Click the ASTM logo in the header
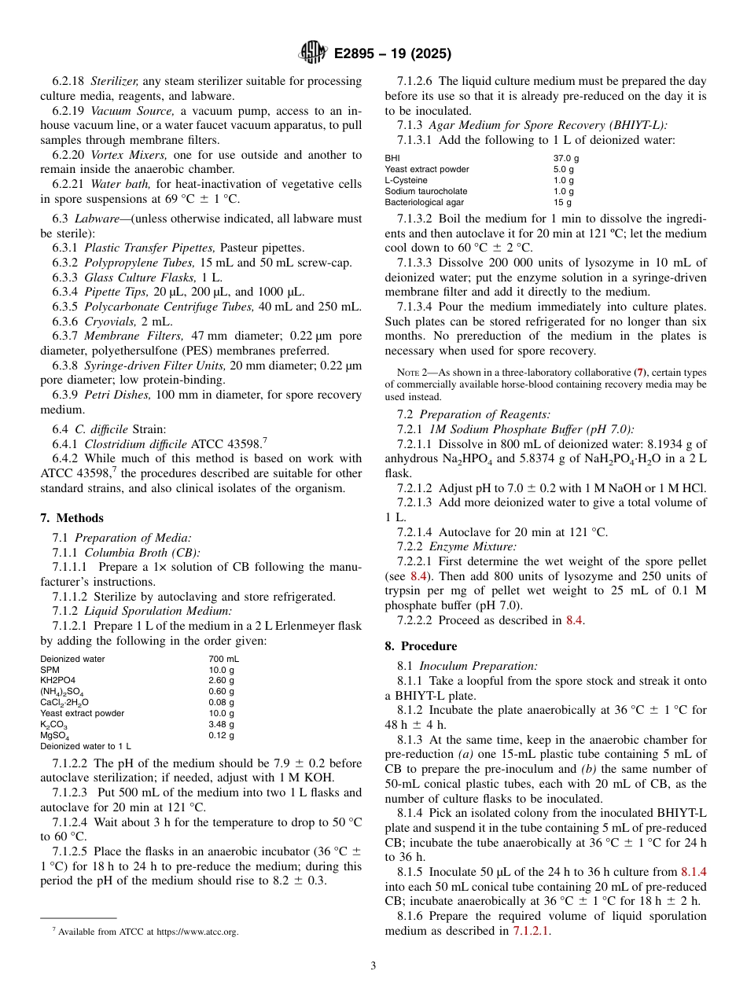[x=313, y=53]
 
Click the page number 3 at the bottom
[x=373, y=966]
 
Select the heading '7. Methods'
[x=72, y=517]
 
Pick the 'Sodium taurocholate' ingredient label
[x=425, y=191]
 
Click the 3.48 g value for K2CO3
[x=221, y=724]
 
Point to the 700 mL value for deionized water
[x=223, y=659]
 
